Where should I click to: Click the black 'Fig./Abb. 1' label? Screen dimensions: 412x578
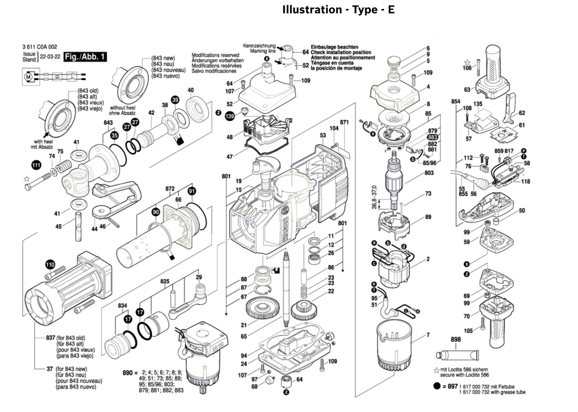(85, 57)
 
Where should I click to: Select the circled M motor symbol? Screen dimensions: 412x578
(28, 77)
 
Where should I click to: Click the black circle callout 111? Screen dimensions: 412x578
(36, 165)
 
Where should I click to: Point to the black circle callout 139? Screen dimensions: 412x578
(230, 116)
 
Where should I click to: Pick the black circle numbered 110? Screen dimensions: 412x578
(50, 265)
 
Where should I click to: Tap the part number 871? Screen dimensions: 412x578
(344, 123)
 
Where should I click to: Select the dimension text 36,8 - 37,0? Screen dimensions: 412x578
(374, 197)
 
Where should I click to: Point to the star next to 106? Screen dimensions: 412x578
(467, 62)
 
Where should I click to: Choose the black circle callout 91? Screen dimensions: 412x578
(192, 191)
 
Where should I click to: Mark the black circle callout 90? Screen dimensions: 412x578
(156, 212)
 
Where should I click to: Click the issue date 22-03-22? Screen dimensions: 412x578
(50, 57)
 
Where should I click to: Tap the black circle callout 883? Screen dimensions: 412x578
(432, 137)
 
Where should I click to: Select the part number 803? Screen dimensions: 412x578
(429, 173)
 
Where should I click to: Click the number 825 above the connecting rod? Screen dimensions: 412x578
(165, 281)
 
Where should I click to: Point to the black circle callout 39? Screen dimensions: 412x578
(175, 100)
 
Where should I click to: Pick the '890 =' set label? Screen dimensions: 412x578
(130, 372)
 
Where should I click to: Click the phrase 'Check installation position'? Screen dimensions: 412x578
(341, 52)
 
